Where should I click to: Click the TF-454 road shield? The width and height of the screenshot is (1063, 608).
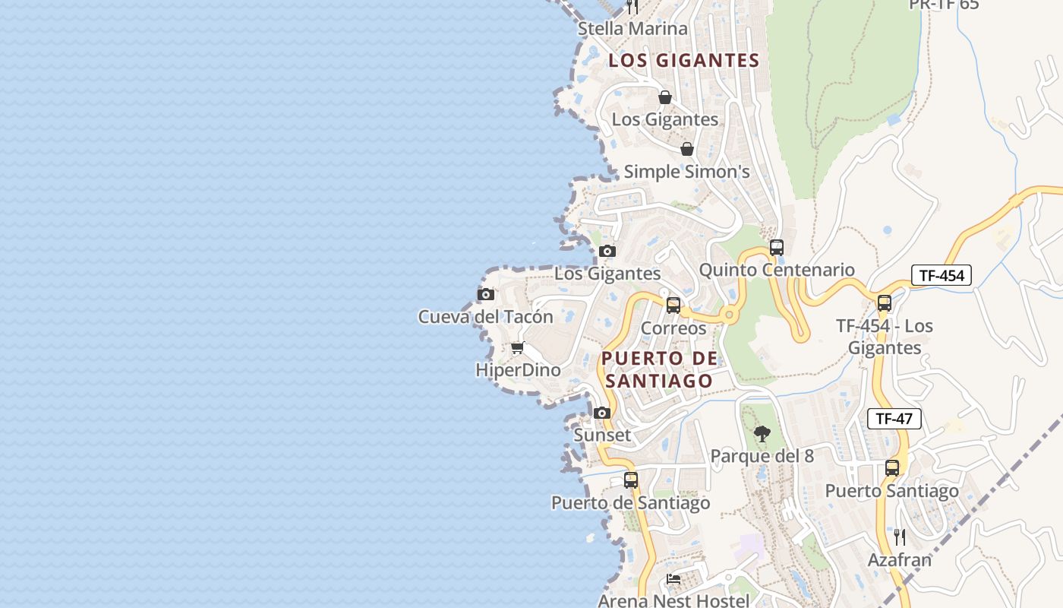click(942, 275)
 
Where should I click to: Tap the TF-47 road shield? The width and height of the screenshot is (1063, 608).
click(894, 418)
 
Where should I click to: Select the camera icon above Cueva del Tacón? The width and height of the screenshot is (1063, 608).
click(486, 294)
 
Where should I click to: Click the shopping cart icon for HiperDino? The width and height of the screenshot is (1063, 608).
click(517, 348)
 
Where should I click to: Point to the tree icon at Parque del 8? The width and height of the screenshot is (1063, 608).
click(762, 434)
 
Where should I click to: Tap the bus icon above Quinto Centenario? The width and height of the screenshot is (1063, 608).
click(776, 248)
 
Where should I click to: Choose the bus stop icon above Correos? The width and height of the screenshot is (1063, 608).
click(673, 306)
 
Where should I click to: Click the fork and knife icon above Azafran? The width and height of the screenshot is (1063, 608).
click(900, 537)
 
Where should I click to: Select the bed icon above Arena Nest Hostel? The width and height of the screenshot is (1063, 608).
click(673, 579)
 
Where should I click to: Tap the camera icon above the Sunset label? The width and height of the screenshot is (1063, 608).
click(602, 413)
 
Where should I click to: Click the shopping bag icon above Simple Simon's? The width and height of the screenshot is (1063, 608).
click(686, 149)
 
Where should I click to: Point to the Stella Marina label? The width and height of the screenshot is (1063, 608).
click(632, 29)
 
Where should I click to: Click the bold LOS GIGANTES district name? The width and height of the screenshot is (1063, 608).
click(683, 61)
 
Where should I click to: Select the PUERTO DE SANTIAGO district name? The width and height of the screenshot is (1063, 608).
click(659, 369)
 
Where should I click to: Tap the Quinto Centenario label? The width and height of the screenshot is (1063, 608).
click(776, 270)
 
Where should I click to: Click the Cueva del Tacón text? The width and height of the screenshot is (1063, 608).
click(485, 316)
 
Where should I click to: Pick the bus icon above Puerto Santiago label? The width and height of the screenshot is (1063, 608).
click(892, 468)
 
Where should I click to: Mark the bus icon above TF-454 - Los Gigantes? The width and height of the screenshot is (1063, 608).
click(884, 303)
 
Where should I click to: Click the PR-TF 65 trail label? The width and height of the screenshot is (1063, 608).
click(944, 5)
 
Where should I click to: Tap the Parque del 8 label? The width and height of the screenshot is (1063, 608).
click(762, 456)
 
